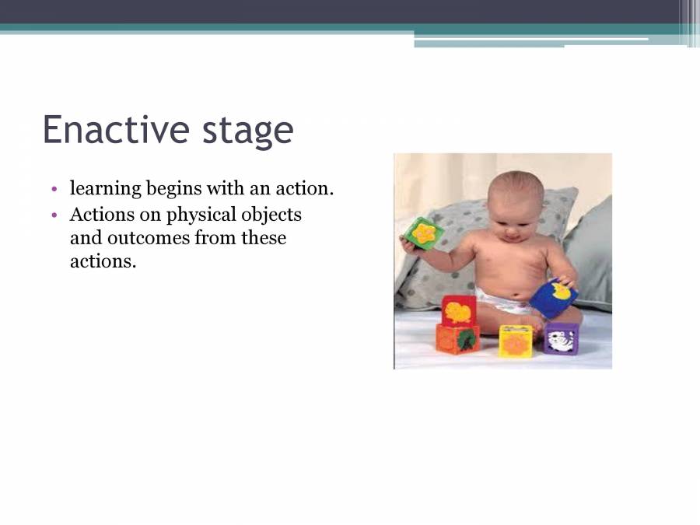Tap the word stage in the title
pyautogui.click(x=248, y=131)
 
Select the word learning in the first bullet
pyautogui.click(x=105, y=189)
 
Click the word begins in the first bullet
pyautogui.click(x=174, y=189)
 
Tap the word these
pyautogui.click(x=264, y=237)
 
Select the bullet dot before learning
pyautogui.click(x=54, y=189)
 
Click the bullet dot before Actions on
pyautogui.click(x=54, y=215)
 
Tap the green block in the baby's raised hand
pyautogui.click(x=424, y=233)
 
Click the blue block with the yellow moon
pyautogui.click(x=554, y=298)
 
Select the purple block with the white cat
pyautogui.click(x=561, y=338)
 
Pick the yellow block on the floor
pyautogui.click(x=516, y=341)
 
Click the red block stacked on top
pyautogui.click(x=458, y=310)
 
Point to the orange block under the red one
pyautogui.click(x=457, y=339)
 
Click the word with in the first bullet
pyautogui.click(x=226, y=188)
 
